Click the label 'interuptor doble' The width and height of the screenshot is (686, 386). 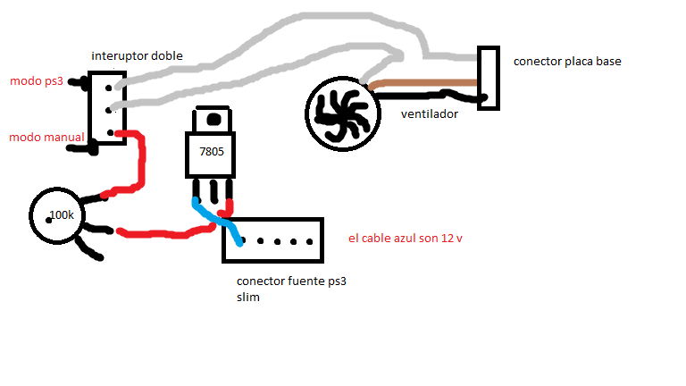pos(137,56)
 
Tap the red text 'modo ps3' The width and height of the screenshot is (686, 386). pos(36,81)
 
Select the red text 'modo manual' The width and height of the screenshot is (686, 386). pos(46,138)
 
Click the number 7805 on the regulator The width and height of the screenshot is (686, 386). pos(211,153)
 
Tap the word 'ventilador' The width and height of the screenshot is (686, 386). pos(429,115)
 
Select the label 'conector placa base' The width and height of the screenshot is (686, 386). pos(567,62)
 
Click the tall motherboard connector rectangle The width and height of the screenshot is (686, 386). pos(488,79)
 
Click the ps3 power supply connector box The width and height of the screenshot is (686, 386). pos(272,239)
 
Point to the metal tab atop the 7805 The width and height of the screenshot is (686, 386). pos(213,120)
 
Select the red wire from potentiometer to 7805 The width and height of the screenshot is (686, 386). pos(161,235)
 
